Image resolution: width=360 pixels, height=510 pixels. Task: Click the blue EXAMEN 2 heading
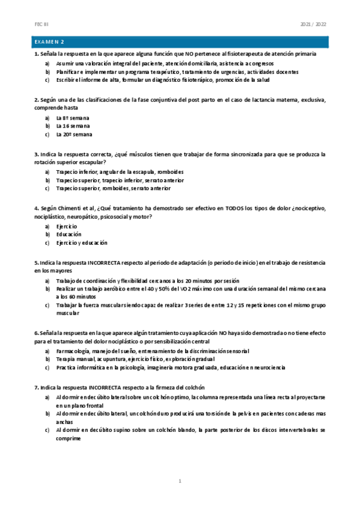[50, 42]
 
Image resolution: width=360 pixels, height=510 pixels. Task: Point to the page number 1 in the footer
[180, 481]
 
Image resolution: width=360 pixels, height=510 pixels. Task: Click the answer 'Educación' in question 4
[69, 235]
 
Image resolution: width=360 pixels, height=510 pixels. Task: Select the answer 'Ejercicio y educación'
[82, 243]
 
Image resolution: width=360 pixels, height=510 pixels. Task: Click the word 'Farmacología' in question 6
[73, 351]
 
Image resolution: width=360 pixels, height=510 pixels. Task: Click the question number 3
[36, 154]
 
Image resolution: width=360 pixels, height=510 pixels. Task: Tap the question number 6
[36, 332]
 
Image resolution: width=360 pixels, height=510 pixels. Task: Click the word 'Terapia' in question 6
[66, 359]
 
